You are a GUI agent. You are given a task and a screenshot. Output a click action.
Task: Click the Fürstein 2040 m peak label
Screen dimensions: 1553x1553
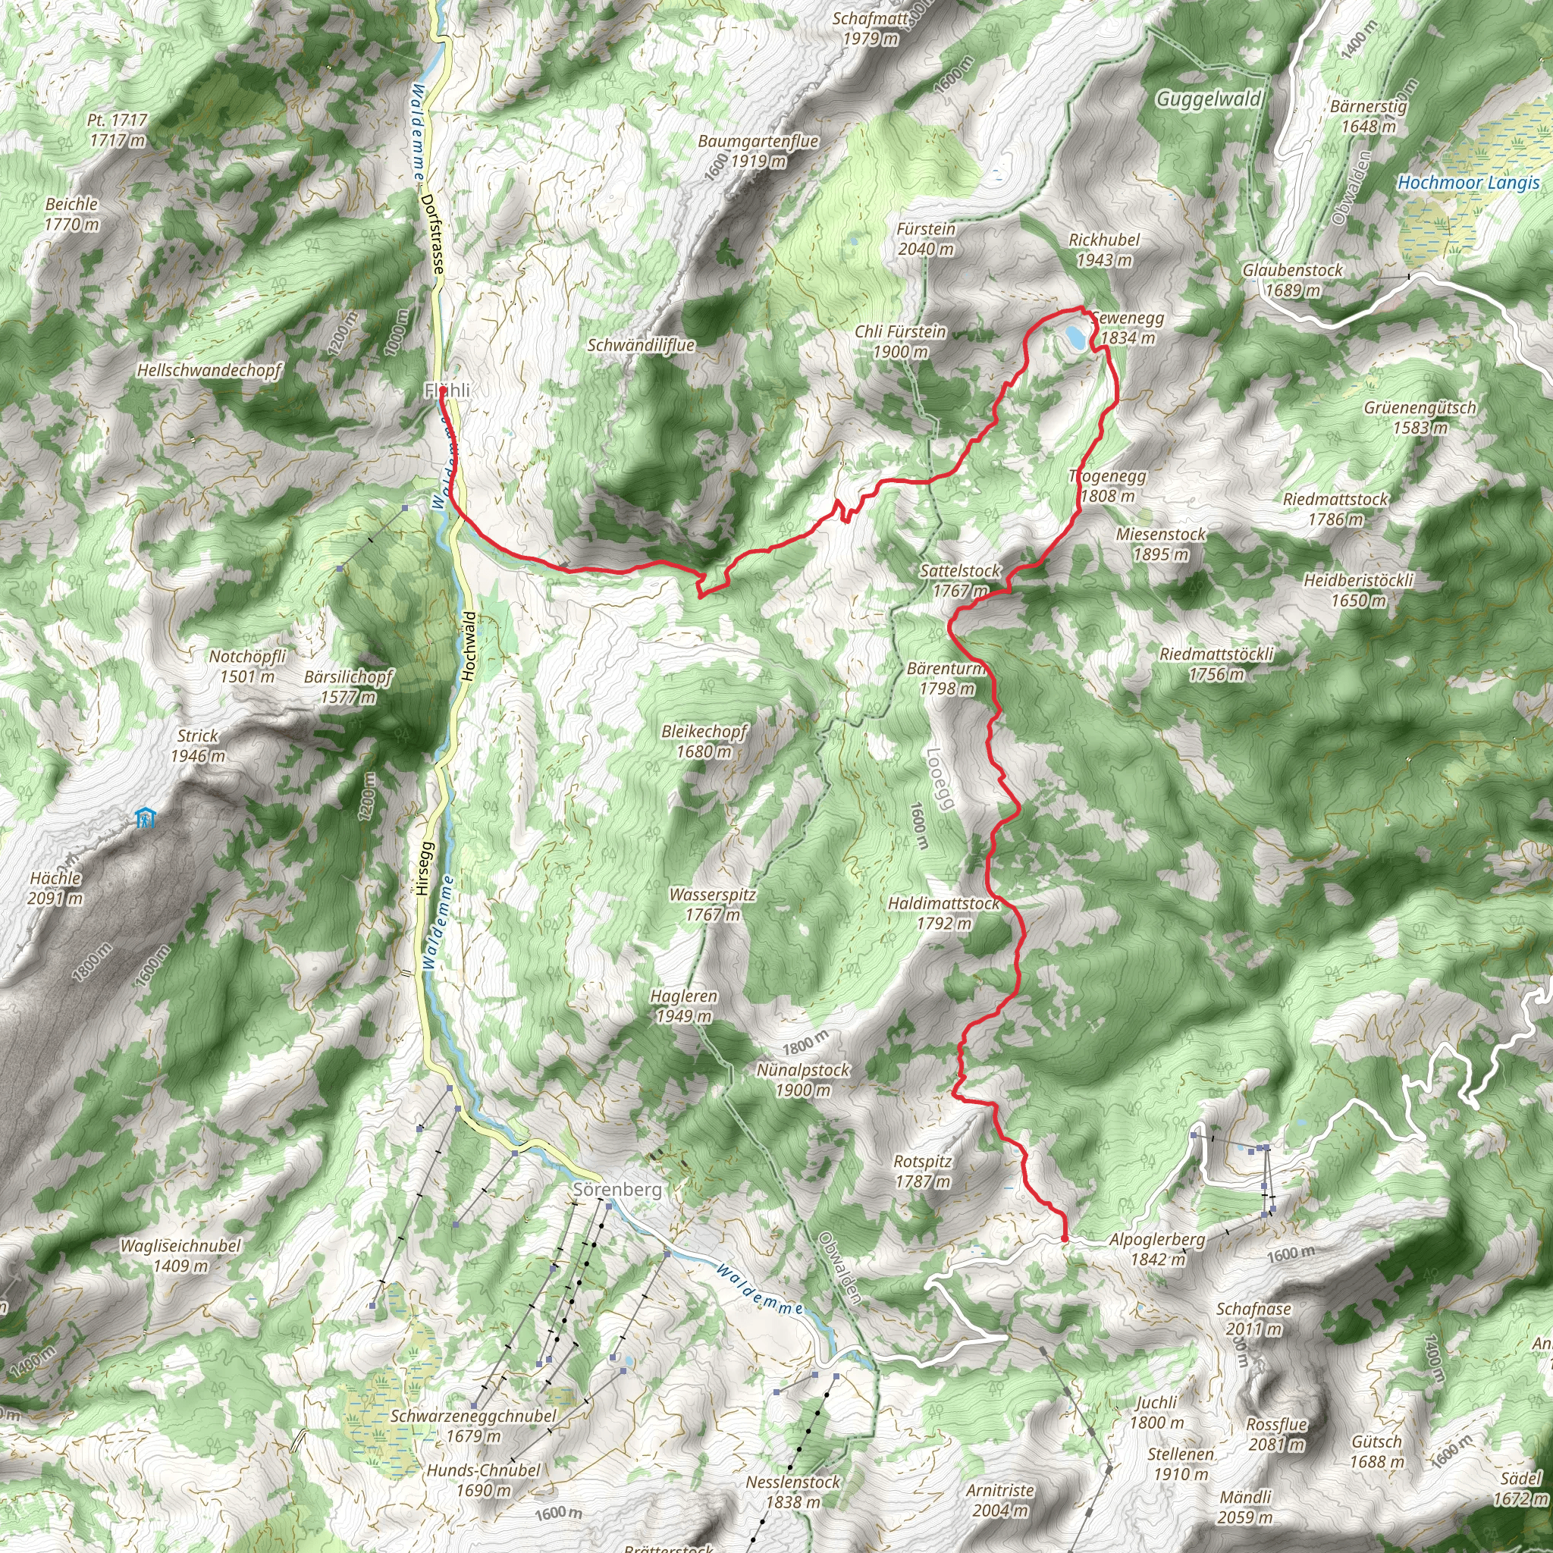[926, 239]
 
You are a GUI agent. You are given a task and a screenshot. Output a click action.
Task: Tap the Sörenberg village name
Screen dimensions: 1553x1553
[617, 1189]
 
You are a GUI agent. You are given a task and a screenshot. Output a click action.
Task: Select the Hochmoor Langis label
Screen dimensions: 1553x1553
[1468, 183]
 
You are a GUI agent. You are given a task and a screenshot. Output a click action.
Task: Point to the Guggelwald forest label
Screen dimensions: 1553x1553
[1208, 99]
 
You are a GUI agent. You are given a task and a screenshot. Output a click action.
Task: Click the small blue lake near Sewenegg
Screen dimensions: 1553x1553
[1074, 334]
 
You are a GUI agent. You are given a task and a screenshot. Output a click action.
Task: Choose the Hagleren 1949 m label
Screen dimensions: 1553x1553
[683, 1006]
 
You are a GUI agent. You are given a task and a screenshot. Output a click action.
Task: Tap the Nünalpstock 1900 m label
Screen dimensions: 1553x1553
[803, 1080]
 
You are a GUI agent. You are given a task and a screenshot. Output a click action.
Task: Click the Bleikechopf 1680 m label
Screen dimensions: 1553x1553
[704, 741]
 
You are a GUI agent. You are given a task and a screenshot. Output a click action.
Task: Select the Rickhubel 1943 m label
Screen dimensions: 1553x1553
[1103, 249]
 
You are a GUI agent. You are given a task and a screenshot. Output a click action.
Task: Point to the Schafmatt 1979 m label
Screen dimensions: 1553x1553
[869, 28]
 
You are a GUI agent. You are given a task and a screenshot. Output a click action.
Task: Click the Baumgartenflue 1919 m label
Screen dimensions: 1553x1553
[758, 150]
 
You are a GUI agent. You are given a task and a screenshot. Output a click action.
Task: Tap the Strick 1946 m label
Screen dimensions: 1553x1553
[198, 745]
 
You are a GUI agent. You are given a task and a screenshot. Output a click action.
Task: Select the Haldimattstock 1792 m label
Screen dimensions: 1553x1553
[943, 913]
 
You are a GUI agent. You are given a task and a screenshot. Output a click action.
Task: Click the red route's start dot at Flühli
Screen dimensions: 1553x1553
[443, 391]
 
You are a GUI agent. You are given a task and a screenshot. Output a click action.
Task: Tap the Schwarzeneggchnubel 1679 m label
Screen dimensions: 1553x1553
[473, 1425]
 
